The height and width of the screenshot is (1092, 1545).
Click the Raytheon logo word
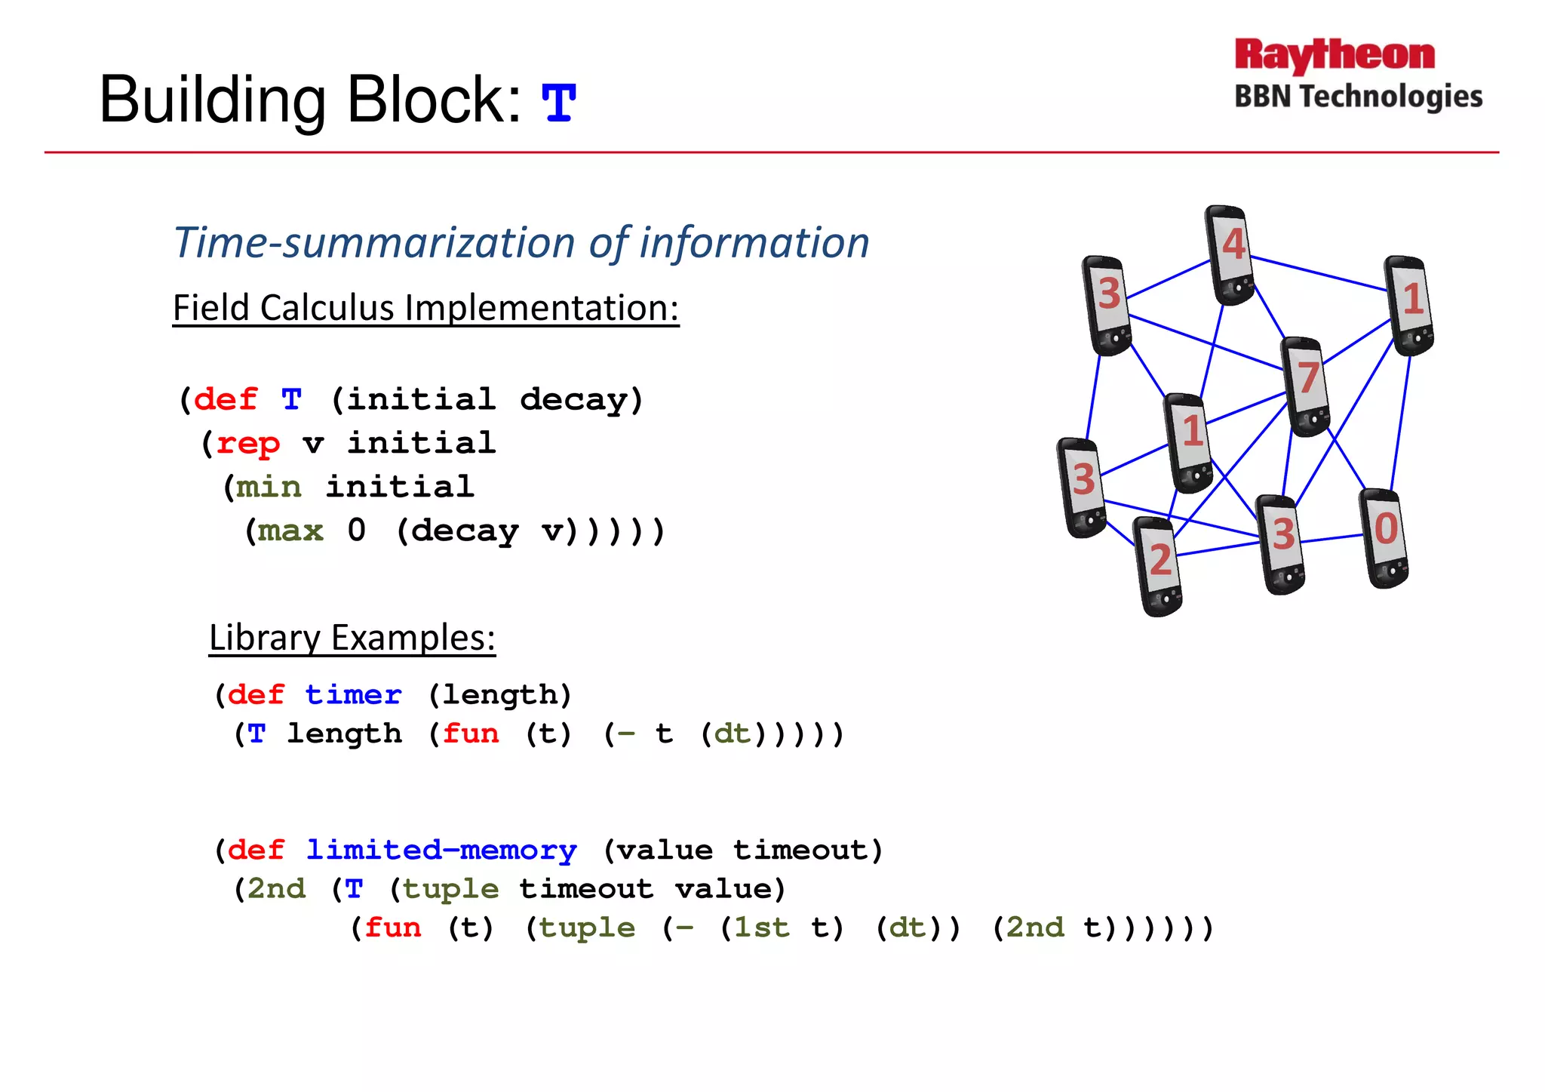pos(1334,56)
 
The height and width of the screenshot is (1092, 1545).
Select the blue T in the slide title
pos(559,103)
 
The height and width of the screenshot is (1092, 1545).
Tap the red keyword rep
pos(247,443)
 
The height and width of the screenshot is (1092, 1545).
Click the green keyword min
pos(269,487)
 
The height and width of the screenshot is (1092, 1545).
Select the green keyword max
pos(290,531)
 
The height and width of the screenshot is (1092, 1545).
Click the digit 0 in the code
pos(357,531)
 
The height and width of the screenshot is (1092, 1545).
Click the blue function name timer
pos(353,694)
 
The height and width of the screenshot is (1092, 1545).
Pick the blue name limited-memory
pos(441,851)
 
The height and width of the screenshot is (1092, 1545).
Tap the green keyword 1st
pos(762,927)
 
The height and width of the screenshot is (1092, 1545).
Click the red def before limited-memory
pos(256,851)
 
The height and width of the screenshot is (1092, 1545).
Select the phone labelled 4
pos(1229,254)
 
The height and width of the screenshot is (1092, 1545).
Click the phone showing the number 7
pos(1305,386)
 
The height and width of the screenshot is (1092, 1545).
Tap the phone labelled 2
pos(1158,566)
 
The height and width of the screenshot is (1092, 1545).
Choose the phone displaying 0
pos(1384,538)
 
